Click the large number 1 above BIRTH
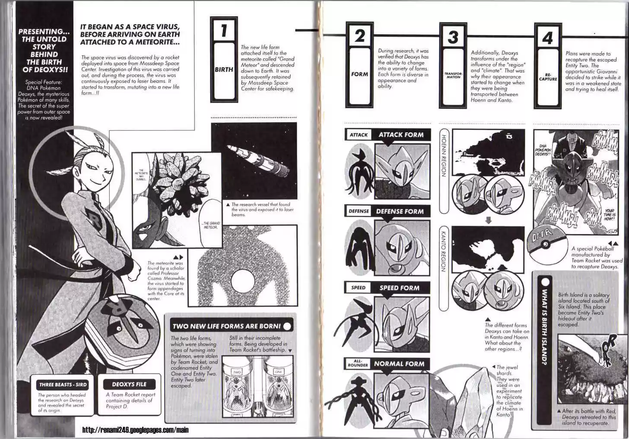pyautogui.click(x=224, y=30)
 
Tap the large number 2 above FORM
pyautogui.click(x=359, y=36)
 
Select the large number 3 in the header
pyautogui.click(x=453, y=37)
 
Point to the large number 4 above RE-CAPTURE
pyautogui.click(x=547, y=38)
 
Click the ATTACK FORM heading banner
pyautogui.click(x=401, y=135)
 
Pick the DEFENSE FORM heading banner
pyautogui.click(x=400, y=212)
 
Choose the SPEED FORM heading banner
pyautogui.click(x=399, y=288)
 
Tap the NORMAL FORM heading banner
pyautogui.click(x=399, y=364)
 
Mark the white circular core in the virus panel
pyautogui.click(x=245, y=281)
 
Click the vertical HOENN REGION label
pyautogui.click(x=443, y=155)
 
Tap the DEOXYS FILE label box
pyautogui.click(x=129, y=384)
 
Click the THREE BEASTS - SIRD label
pyautogui.click(x=63, y=385)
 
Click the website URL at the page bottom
pyautogui.click(x=135, y=430)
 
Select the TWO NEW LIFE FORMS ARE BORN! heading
pyautogui.click(x=227, y=326)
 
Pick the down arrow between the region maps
pyautogui.click(x=488, y=221)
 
